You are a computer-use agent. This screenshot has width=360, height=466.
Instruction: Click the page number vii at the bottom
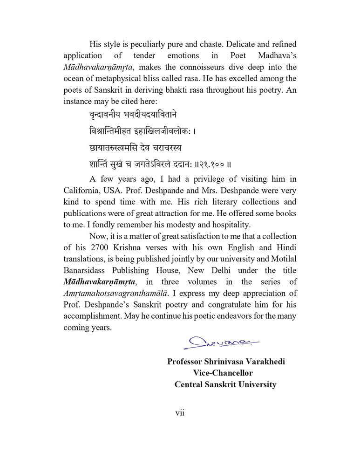180,413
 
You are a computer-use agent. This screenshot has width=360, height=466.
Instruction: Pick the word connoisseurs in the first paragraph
197,67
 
